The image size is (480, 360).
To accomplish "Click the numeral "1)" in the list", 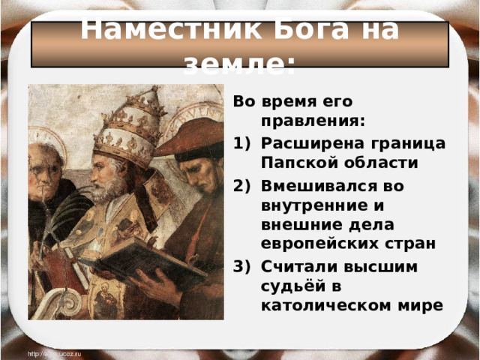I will pos(244,143).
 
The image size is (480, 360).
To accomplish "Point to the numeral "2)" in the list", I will pos(244,184).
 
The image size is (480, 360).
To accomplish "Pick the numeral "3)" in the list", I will pos(244,267).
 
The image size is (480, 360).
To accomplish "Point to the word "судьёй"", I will pos(289,287).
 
